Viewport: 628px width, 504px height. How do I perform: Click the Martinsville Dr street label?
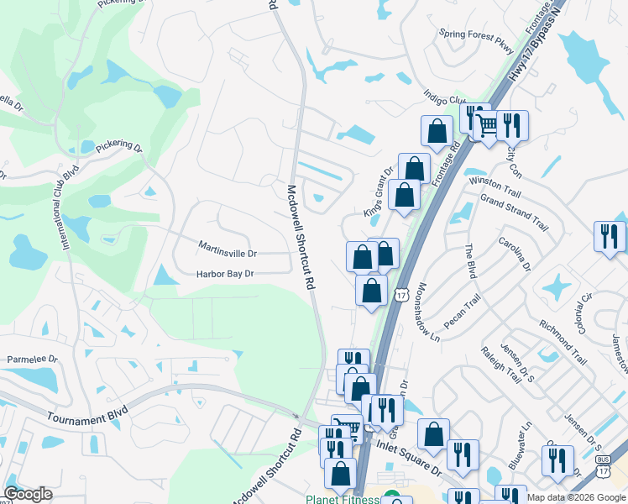click(x=228, y=252)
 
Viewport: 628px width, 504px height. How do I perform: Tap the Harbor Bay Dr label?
click(x=225, y=274)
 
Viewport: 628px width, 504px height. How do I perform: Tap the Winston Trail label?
click(x=495, y=181)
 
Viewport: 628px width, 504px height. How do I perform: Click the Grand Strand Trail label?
click(x=513, y=213)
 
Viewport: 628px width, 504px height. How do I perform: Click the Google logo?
click(x=28, y=493)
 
